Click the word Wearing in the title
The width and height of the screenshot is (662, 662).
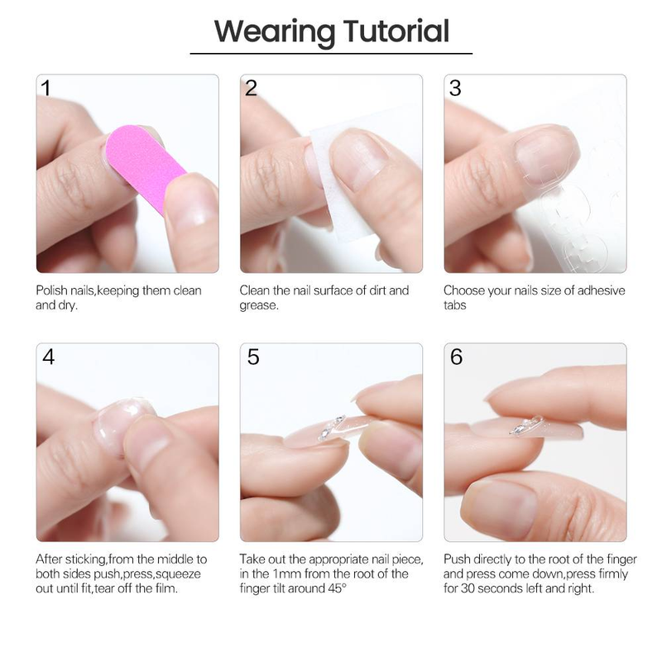click(x=273, y=32)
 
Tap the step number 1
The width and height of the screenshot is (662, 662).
click(x=46, y=88)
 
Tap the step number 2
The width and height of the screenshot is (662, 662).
click(x=251, y=88)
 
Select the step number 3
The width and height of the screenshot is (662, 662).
click(x=454, y=88)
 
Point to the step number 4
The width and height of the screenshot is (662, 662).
click(x=48, y=357)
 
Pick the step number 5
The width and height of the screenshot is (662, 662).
click(x=252, y=357)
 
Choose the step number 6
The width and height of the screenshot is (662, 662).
click(x=456, y=357)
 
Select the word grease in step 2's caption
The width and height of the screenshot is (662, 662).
click(x=258, y=305)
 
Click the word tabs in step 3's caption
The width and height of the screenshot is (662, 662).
click(x=455, y=305)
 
